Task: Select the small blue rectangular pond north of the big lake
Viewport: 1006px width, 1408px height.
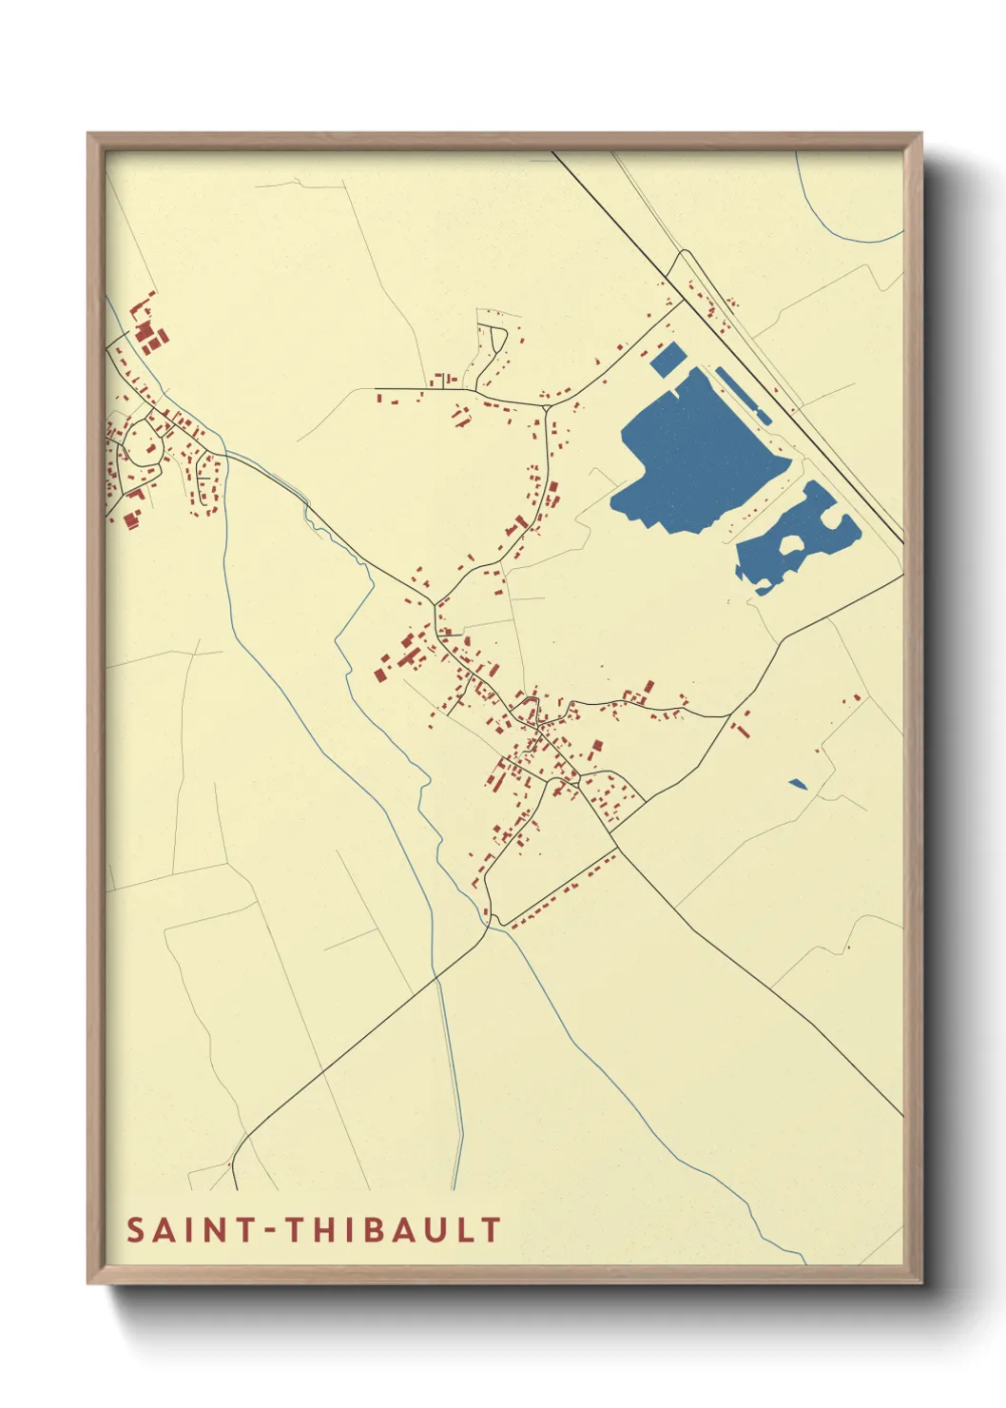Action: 668,359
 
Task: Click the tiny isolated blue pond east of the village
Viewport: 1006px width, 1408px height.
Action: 798,784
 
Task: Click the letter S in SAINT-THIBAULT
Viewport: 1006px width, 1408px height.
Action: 136,1230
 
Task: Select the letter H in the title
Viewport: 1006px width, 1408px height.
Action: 324,1230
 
